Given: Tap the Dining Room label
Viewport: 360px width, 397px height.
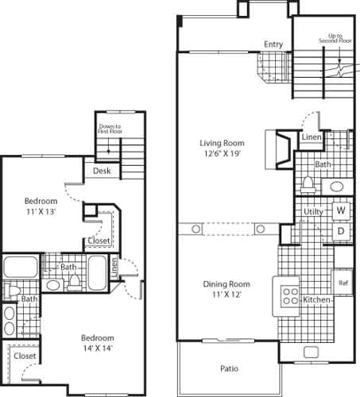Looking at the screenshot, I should point(229,284).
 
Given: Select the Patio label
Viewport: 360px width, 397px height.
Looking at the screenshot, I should point(230,368).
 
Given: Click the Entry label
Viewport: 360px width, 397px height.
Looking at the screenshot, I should point(273,44).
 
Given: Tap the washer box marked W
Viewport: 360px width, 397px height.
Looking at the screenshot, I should point(340,211).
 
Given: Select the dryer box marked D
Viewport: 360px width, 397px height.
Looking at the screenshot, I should point(340,231).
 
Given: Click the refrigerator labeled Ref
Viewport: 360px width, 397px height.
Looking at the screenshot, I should point(343,282).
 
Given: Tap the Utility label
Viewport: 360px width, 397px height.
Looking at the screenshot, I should point(313,213).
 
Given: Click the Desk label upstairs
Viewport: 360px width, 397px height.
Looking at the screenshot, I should point(101,171).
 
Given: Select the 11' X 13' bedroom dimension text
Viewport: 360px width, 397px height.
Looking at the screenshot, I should point(39,213).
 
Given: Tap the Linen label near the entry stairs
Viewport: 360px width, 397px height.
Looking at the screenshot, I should point(311,138).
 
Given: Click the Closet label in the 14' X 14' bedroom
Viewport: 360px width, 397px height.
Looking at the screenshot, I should point(25,357).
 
